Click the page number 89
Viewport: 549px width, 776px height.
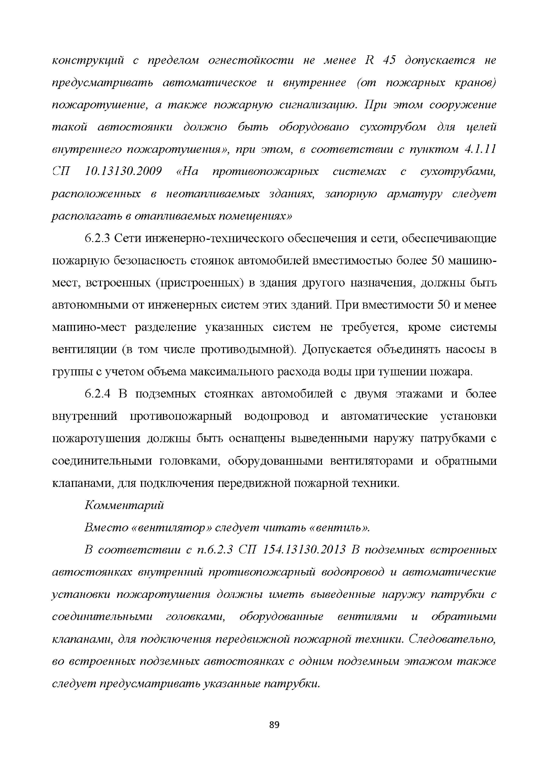coord(274,725)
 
